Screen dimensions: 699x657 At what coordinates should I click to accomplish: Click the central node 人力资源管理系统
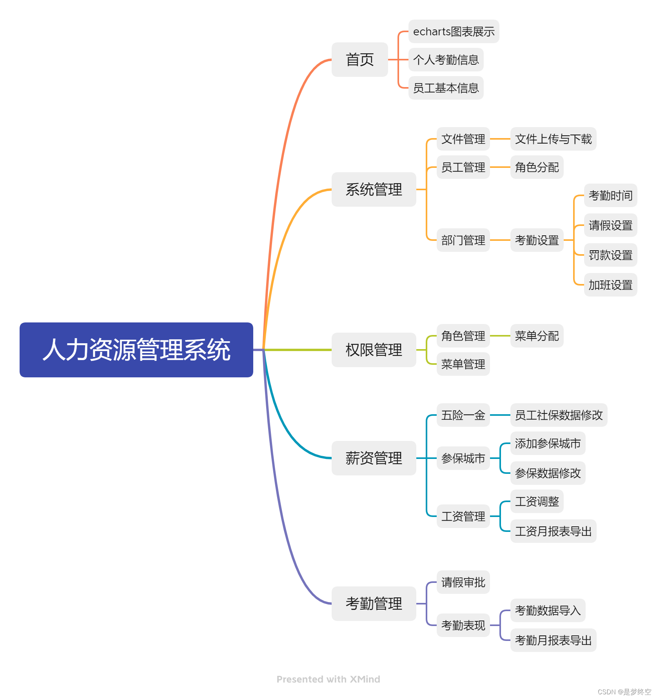click(x=136, y=349)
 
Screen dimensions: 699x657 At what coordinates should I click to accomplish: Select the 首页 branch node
click(x=359, y=60)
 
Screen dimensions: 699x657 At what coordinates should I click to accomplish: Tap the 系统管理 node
click(x=374, y=189)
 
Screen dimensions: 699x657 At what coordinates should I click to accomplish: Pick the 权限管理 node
click(x=374, y=349)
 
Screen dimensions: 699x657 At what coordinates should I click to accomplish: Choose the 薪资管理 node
click(x=374, y=458)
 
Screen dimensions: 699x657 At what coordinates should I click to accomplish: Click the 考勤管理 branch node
click(x=374, y=603)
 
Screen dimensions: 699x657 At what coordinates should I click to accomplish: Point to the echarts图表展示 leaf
click(x=454, y=31)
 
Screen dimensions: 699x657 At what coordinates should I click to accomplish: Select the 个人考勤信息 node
click(x=446, y=60)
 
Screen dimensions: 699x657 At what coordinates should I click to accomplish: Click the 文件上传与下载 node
click(x=553, y=139)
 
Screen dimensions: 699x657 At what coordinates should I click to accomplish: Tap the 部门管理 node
click(x=463, y=240)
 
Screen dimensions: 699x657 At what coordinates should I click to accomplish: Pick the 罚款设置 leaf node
click(x=610, y=255)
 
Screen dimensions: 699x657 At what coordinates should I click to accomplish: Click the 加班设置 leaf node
click(x=610, y=285)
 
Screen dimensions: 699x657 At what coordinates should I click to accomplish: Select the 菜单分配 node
click(x=537, y=336)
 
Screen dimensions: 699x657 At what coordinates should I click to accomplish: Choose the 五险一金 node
click(x=463, y=415)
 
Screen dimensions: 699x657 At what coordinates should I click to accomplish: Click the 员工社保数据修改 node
click(x=559, y=415)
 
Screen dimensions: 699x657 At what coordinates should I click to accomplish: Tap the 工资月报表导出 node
click(x=553, y=531)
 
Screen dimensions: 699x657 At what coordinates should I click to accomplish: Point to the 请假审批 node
click(x=463, y=582)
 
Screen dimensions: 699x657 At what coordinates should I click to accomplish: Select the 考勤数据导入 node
click(x=548, y=610)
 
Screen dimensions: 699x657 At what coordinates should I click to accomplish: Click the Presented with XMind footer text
click(x=328, y=679)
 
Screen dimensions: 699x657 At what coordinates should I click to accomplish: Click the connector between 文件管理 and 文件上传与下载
click(x=500, y=139)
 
